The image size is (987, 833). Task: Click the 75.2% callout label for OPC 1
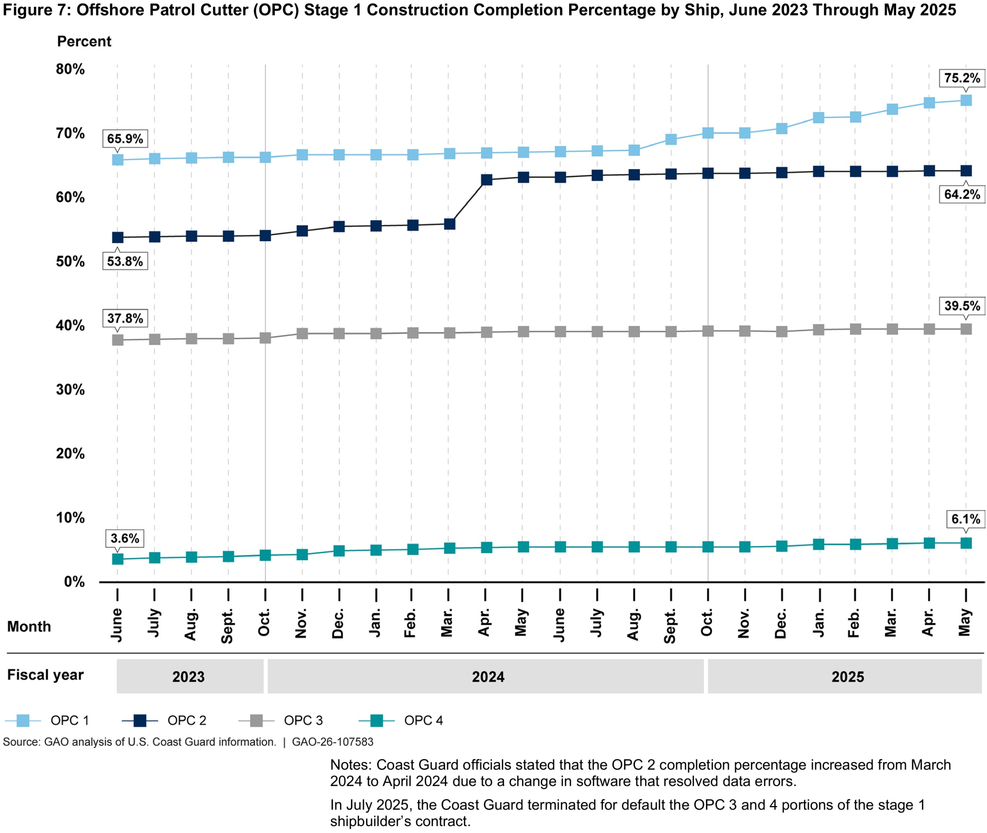pos(962,78)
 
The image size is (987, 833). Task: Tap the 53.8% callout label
pos(125,261)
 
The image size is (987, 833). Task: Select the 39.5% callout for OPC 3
pos(962,306)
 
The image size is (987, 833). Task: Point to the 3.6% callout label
pos(125,538)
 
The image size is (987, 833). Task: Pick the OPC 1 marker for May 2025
pos(966,100)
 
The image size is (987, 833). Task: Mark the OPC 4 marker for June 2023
pos(118,559)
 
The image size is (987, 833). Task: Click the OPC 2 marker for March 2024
pos(450,224)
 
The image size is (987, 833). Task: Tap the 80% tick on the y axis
pos(70,69)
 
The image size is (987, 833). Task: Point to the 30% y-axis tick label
pos(70,390)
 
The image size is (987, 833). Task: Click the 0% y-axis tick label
pos(74,582)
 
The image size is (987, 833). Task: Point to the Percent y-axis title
pos(84,42)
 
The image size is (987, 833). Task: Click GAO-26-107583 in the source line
pos(332,742)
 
